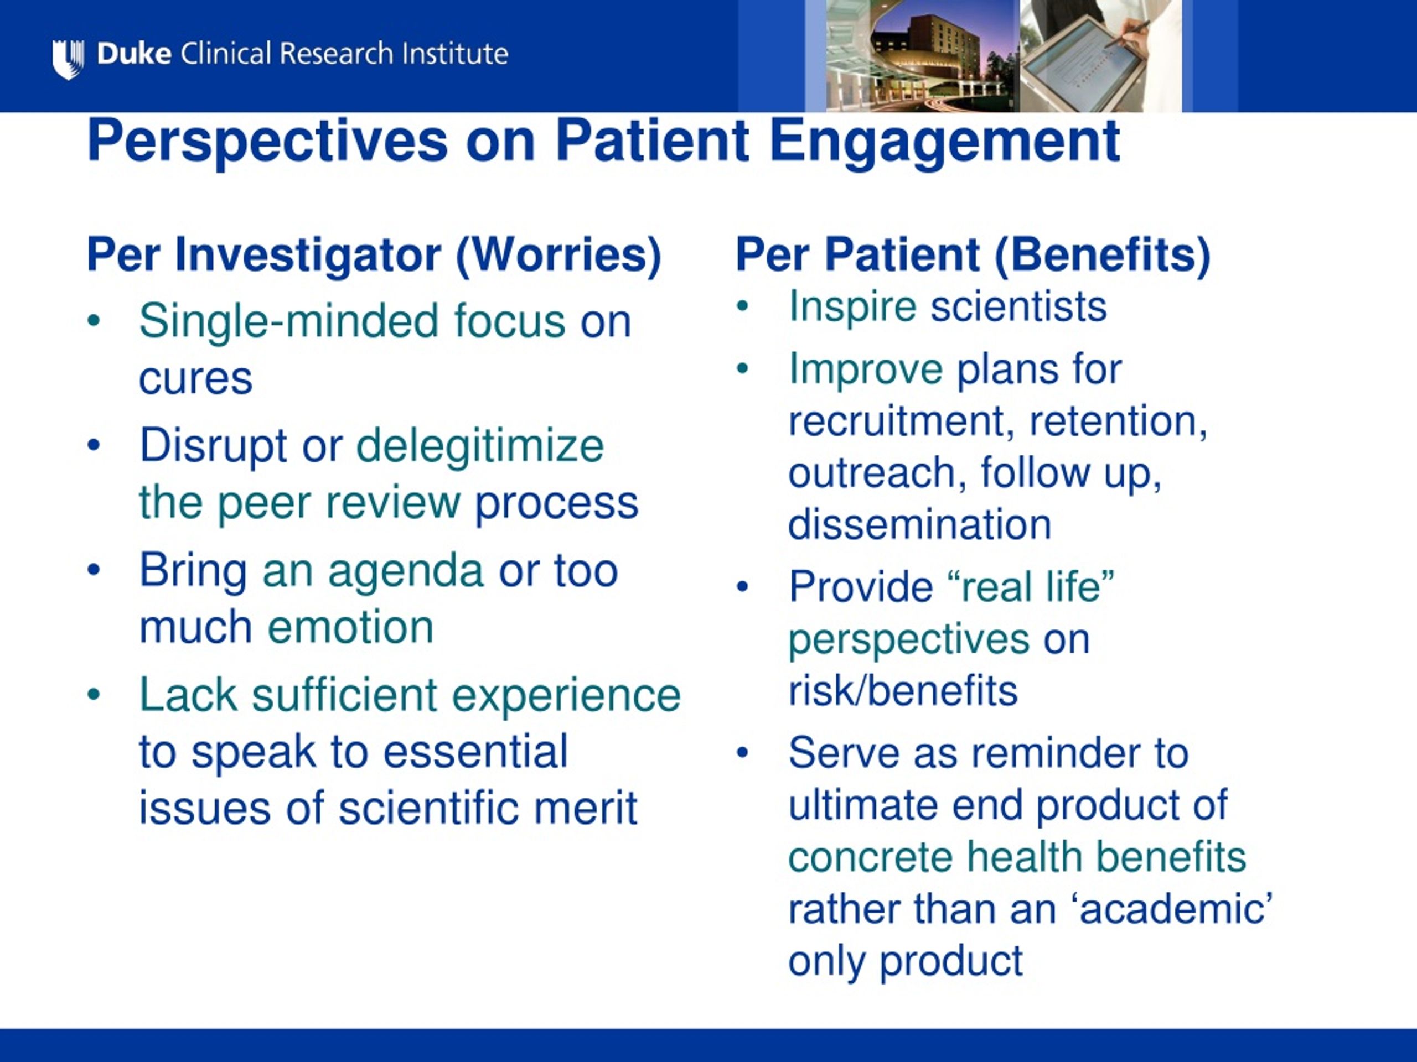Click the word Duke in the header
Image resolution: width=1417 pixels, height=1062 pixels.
point(135,54)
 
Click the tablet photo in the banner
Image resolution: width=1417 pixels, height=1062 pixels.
point(1100,56)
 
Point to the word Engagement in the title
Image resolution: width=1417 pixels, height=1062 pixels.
point(945,143)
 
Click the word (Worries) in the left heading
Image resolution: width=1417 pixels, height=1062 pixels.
point(558,256)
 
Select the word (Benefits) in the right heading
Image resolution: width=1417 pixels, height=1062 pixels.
point(1103,256)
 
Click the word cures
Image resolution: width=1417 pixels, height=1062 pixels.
point(196,379)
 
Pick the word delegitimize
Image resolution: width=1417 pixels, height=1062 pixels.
point(480,446)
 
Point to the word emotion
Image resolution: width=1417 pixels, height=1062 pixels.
point(350,627)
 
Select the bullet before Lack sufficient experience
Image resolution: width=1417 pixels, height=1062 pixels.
point(94,695)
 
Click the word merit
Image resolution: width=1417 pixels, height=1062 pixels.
point(586,808)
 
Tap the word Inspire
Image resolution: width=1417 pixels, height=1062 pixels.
point(852,308)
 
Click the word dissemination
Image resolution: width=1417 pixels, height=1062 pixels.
point(920,525)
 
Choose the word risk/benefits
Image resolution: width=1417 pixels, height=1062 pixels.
point(903,691)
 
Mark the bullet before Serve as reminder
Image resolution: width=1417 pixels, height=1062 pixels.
point(742,753)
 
